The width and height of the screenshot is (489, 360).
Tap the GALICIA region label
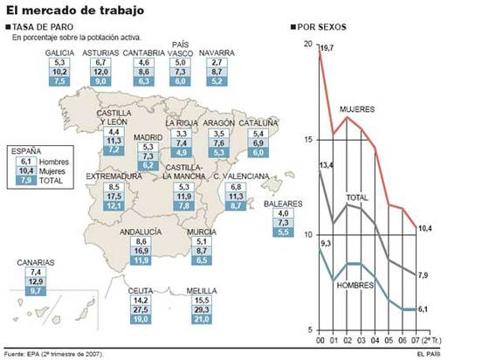pos(59,53)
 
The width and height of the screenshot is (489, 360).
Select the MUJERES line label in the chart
pos(357,109)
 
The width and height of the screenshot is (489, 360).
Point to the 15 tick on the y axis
pos(307,139)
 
